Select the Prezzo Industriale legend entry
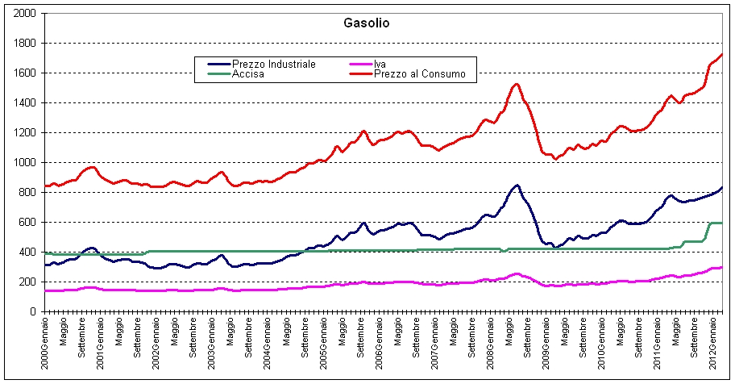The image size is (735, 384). click(272, 64)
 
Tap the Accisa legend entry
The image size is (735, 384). click(246, 74)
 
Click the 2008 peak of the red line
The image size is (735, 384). click(517, 84)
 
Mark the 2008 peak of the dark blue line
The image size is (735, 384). click(517, 185)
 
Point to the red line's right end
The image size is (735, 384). click(722, 53)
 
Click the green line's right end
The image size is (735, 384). click(722, 223)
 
